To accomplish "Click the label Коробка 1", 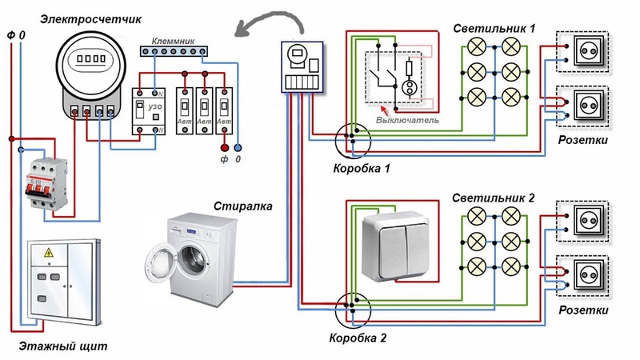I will point(362,169).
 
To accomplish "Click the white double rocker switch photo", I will point(398,244).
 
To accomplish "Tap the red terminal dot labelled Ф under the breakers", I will point(224,148).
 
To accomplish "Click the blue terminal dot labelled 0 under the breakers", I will point(238,148).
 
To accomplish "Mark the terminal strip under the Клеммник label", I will point(174,50).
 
